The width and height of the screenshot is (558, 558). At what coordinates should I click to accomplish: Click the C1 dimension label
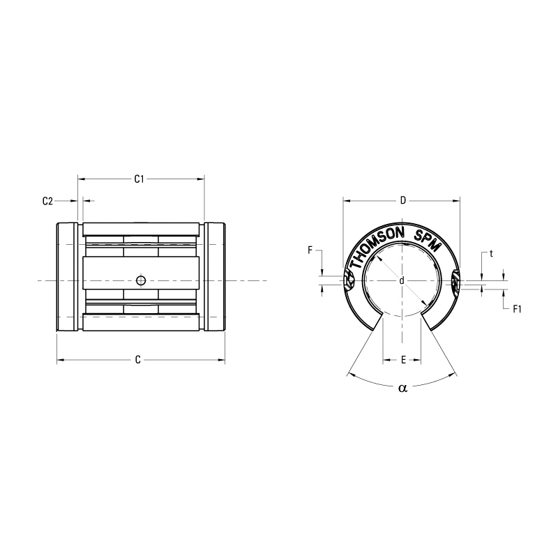[139, 179]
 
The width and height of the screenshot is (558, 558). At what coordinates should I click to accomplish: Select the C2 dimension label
[47, 201]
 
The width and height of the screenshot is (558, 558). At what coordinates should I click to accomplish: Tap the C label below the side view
[138, 360]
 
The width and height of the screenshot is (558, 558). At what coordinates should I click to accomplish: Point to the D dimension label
[402, 201]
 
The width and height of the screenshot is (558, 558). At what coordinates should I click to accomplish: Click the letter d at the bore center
[402, 280]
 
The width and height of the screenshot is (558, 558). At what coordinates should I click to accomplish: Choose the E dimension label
[402, 361]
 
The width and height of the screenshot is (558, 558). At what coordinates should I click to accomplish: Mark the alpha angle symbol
[402, 389]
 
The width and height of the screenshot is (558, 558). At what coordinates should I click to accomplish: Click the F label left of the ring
[310, 249]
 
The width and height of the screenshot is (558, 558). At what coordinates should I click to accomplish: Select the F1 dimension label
[517, 308]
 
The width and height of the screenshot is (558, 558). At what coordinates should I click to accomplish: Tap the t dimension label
[491, 254]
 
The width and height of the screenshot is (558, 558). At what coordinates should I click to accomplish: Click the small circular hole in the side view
[141, 280]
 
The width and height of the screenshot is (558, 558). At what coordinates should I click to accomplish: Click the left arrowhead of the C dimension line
[59, 361]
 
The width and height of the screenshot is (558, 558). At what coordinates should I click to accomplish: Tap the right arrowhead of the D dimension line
[457, 201]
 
